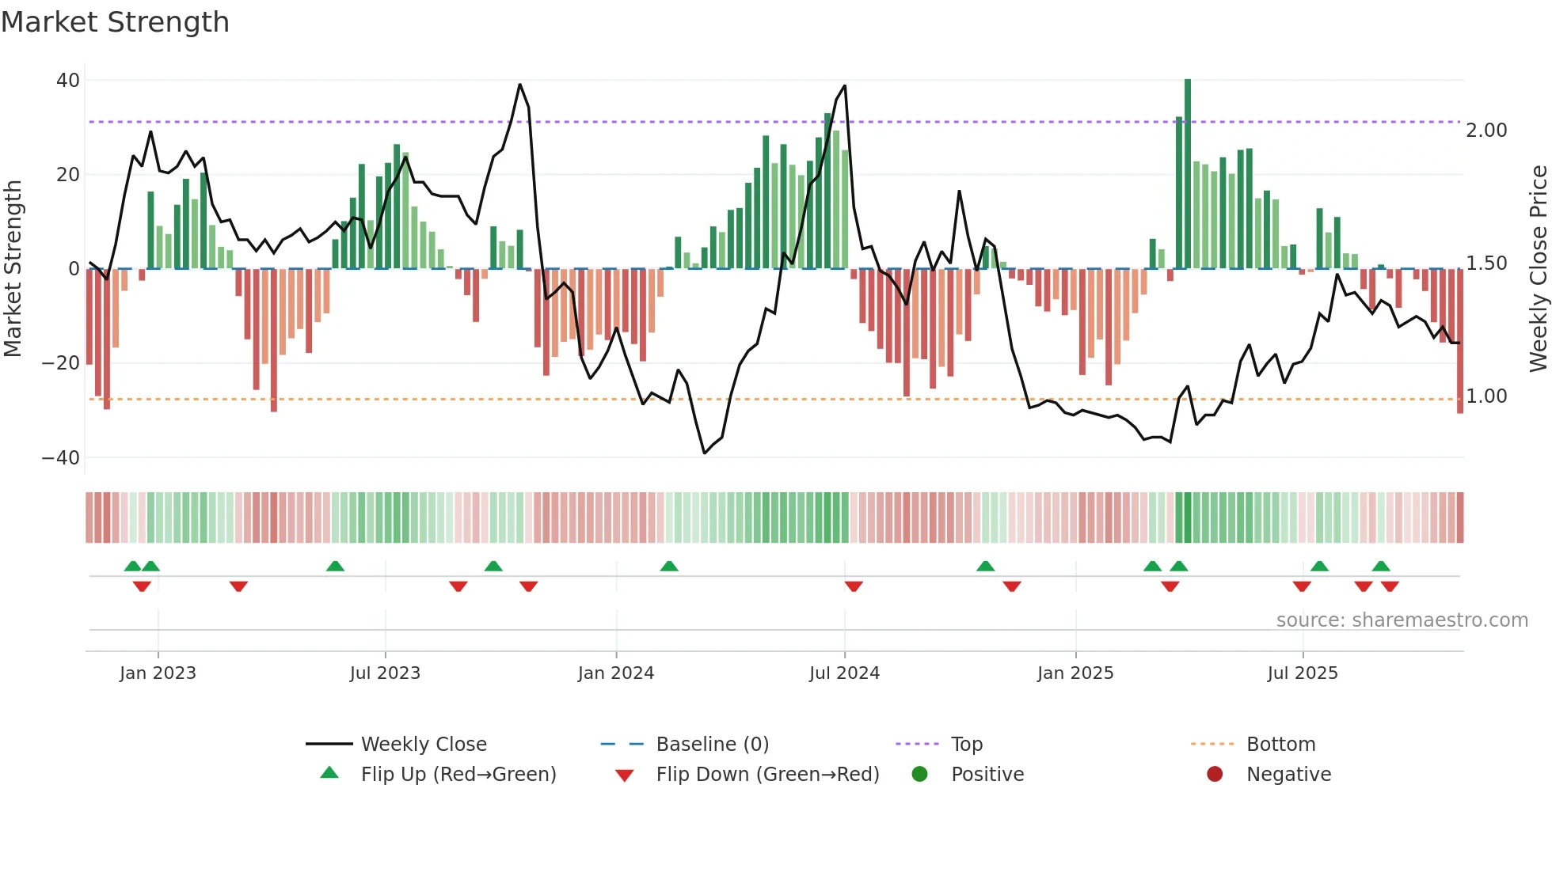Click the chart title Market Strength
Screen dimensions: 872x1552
click(x=115, y=22)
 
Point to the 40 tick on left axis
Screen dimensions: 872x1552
click(x=68, y=81)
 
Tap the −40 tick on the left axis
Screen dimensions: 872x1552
click(x=61, y=458)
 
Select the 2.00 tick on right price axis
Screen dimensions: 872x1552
click(x=1486, y=131)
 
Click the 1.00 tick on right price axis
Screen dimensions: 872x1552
click(x=1486, y=396)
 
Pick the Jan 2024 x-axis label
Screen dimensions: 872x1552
click(x=615, y=673)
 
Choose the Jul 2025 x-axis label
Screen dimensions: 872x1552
click(x=1302, y=673)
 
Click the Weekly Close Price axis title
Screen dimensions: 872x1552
click(x=1538, y=269)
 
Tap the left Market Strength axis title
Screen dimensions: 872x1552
click(x=13, y=269)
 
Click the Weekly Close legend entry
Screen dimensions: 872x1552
click(x=423, y=745)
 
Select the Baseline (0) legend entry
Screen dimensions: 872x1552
click(x=712, y=745)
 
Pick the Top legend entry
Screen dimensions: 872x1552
click(x=966, y=745)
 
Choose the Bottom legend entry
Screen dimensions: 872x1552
click(x=1280, y=745)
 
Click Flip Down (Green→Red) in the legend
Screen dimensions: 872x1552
click(x=766, y=775)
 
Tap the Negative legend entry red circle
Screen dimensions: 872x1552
click(x=1215, y=775)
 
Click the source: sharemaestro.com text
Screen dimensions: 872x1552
click(x=1402, y=620)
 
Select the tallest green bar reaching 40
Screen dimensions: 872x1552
click(x=1188, y=174)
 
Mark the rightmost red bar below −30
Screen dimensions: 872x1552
click(x=1460, y=340)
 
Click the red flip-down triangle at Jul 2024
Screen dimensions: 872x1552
click(x=854, y=586)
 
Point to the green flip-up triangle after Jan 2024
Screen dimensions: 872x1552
click(x=669, y=566)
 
